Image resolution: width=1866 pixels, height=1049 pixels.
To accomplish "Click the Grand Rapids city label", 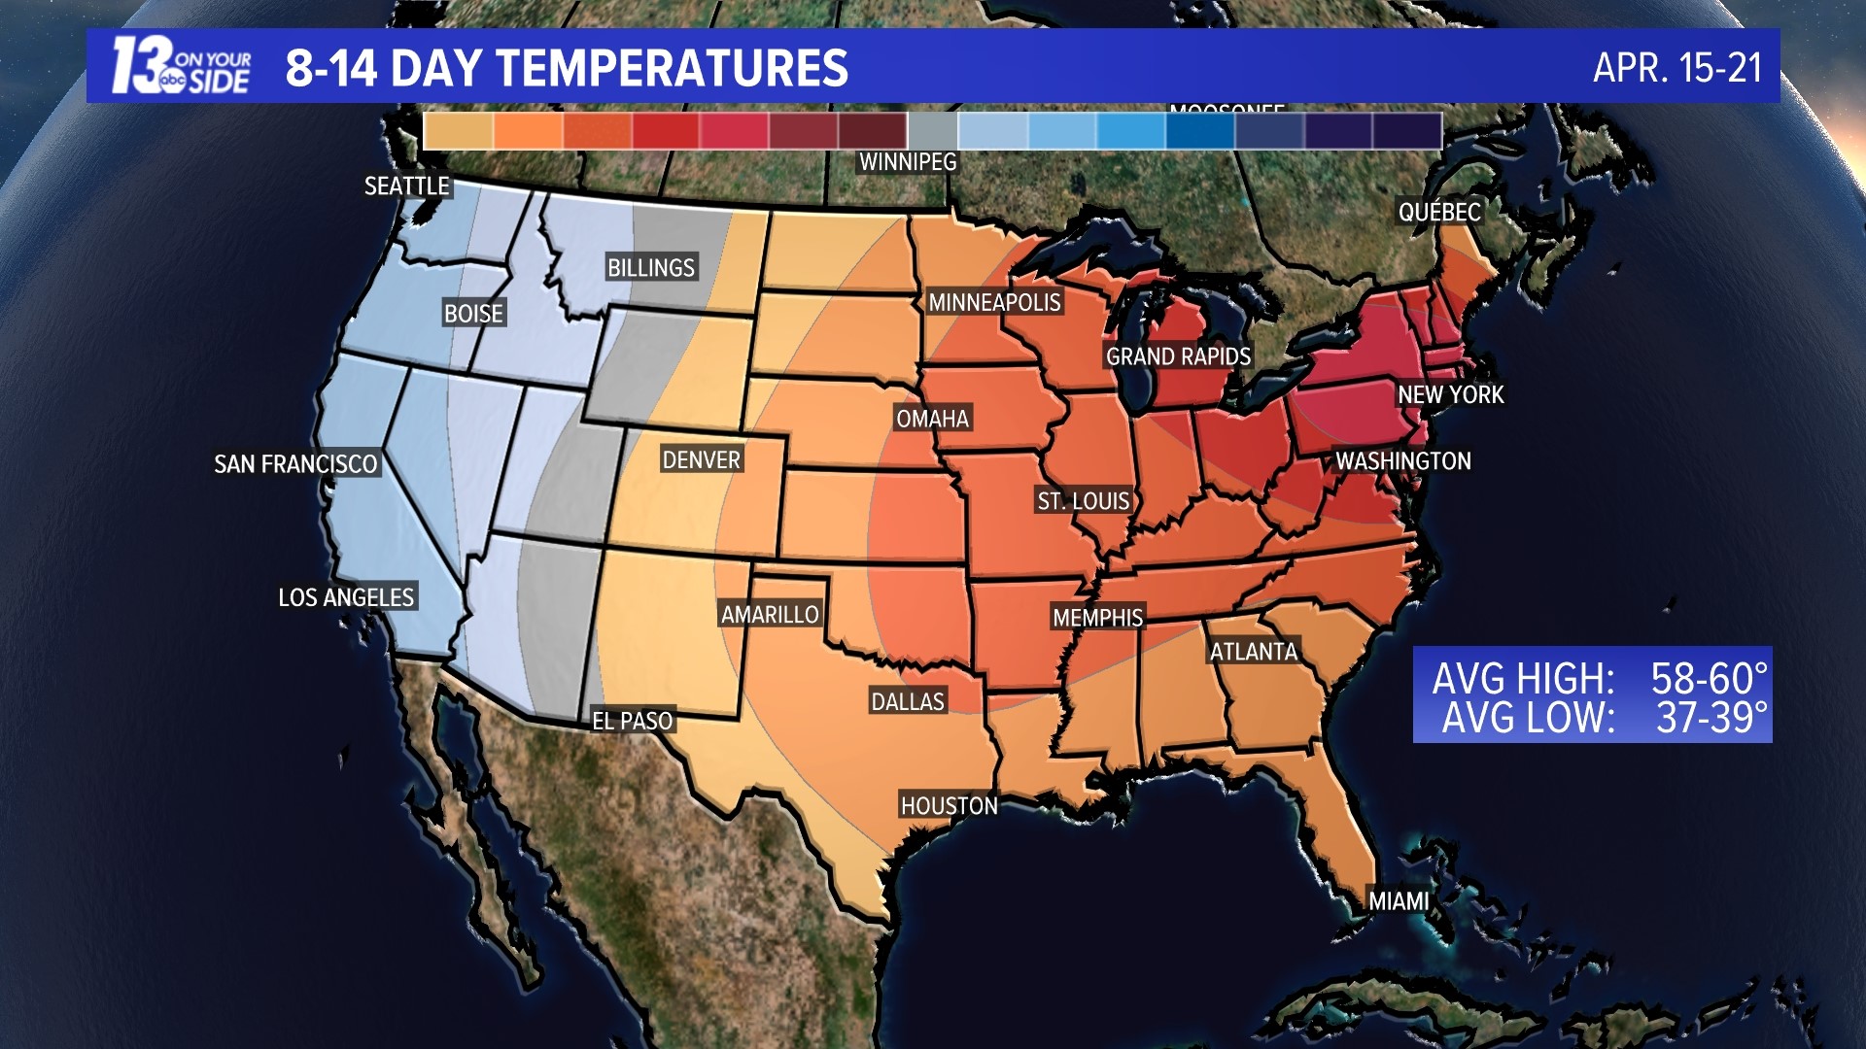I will [x=1178, y=356].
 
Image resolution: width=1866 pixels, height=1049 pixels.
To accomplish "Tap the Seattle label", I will [x=406, y=186].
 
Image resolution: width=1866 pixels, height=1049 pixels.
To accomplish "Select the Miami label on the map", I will [x=1399, y=901].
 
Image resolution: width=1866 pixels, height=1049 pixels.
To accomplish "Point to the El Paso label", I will [x=633, y=721].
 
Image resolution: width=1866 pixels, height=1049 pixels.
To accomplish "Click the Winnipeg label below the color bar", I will [x=908, y=162].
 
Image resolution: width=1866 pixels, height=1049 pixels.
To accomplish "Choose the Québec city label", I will [x=1439, y=212].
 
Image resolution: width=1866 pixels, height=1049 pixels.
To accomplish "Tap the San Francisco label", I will [x=295, y=464].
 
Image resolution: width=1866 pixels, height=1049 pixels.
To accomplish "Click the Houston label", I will [x=949, y=805].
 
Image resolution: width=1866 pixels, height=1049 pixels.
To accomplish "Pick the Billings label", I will [x=650, y=267].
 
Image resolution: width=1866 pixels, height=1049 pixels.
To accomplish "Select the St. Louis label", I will [x=1083, y=501].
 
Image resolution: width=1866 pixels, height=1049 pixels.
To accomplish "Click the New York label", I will [x=1450, y=394].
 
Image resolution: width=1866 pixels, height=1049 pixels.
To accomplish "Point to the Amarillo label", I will [x=770, y=614].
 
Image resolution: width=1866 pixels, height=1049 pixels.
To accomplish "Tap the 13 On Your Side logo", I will [x=181, y=66].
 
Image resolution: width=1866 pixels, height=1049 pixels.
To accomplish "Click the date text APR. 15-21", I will [x=1676, y=67].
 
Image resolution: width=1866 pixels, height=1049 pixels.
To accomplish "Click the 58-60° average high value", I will [x=1709, y=677].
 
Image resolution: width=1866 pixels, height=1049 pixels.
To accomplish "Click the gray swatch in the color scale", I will [x=932, y=131].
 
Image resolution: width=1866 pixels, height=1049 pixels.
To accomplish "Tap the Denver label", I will [x=701, y=459].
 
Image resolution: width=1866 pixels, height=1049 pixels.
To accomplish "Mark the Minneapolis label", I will [x=994, y=302].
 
